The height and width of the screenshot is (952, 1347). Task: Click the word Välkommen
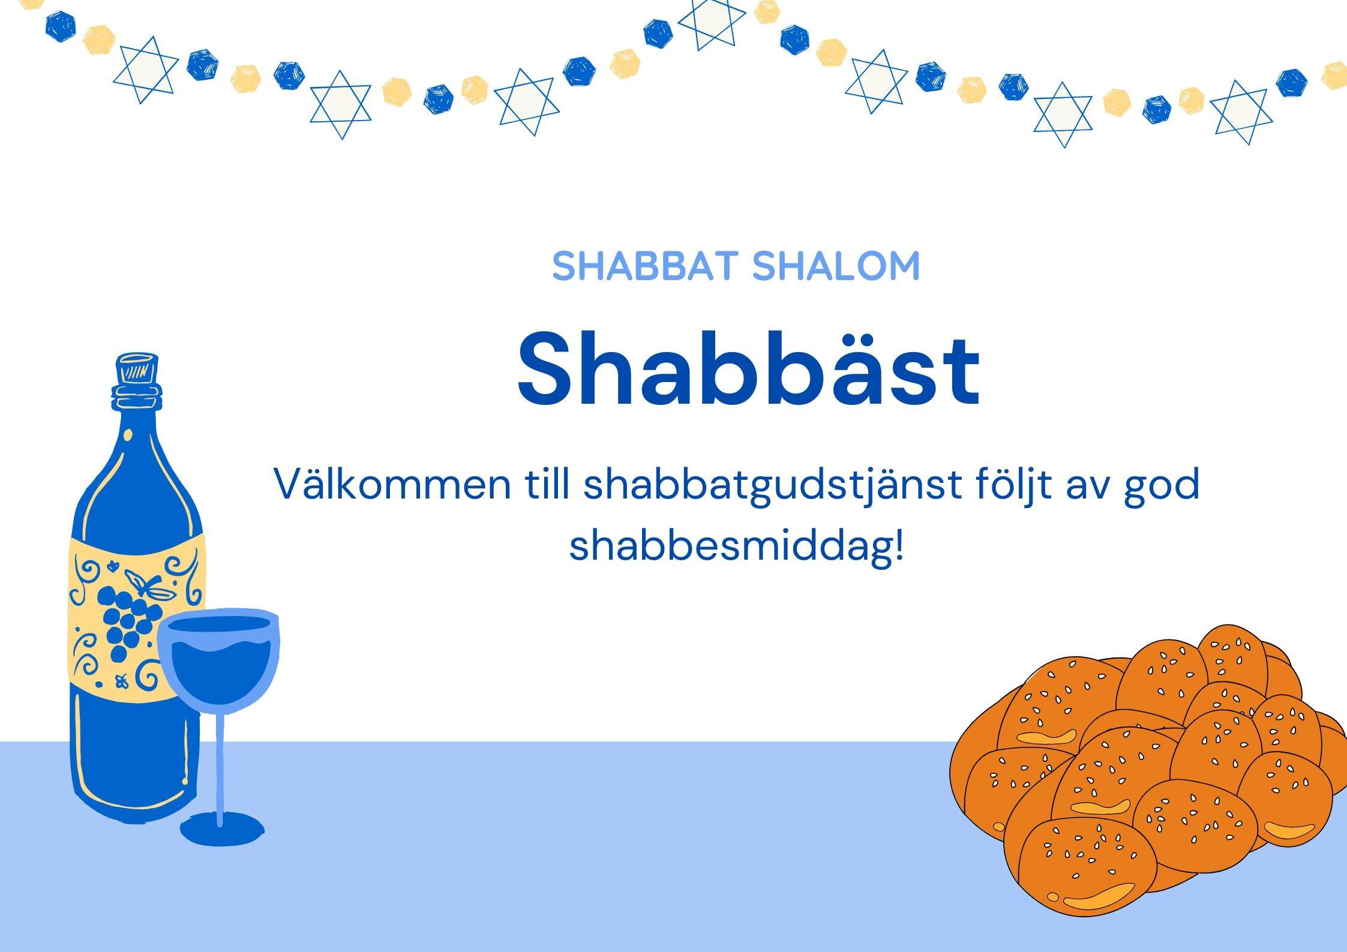(x=392, y=485)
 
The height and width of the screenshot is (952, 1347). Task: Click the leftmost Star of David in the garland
(x=146, y=70)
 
